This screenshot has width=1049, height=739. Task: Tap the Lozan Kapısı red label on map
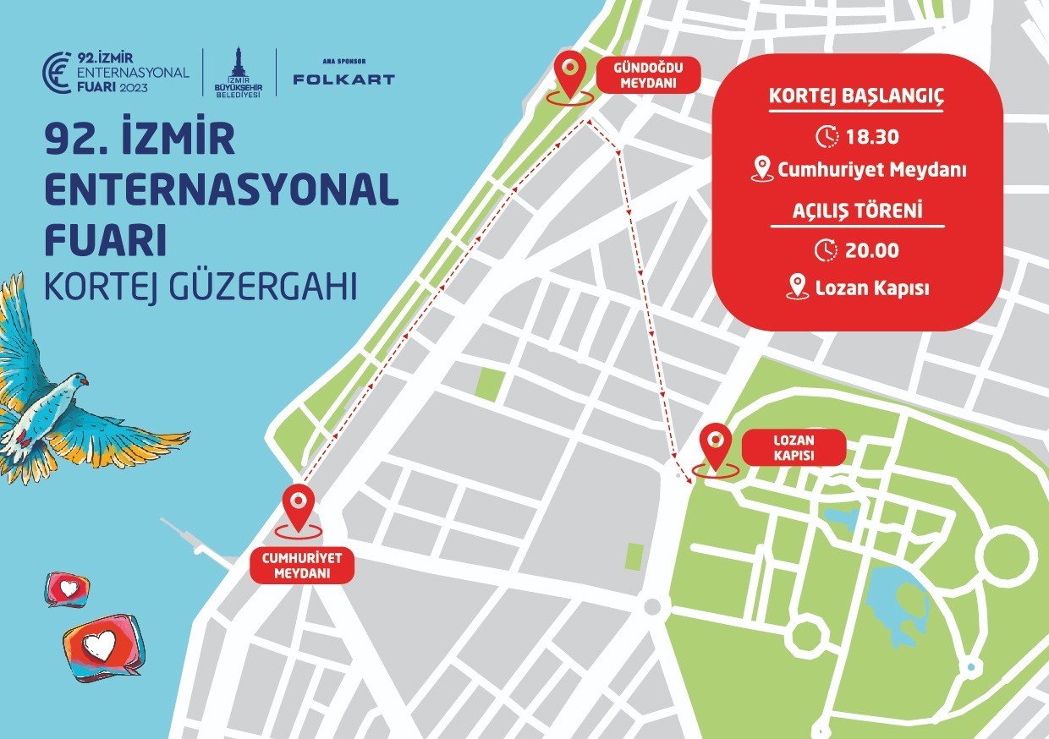click(x=794, y=447)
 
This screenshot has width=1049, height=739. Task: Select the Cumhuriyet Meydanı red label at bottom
click(x=302, y=566)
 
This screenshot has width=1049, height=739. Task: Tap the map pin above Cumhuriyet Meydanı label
click(x=298, y=507)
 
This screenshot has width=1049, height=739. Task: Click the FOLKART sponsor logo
click(x=343, y=79)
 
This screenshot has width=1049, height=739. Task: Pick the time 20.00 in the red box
click(x=872, y=250)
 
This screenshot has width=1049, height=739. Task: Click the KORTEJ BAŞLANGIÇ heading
click(x=856, y=96)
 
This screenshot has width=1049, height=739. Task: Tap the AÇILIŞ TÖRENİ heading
click(x=857, y=211)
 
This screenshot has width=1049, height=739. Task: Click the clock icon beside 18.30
click(x=827, y=136)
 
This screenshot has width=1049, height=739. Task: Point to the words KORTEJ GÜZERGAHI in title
click(x=201, y=287)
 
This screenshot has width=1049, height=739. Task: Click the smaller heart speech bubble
click(x=68, y=588)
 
